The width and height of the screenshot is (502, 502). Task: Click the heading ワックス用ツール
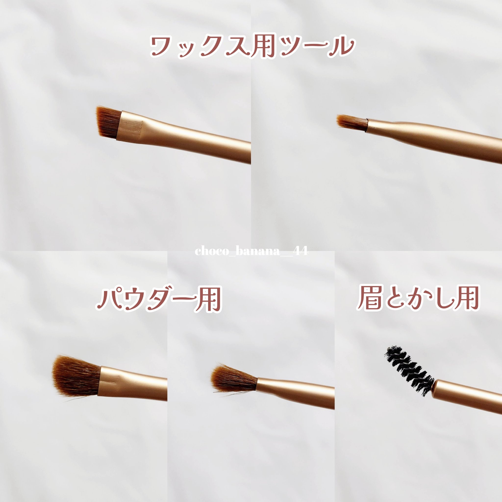(x=252, y=47)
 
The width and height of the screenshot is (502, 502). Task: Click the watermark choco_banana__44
(x=251, y=251)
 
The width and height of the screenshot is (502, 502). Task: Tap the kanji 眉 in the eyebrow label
(x=370, y=298)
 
